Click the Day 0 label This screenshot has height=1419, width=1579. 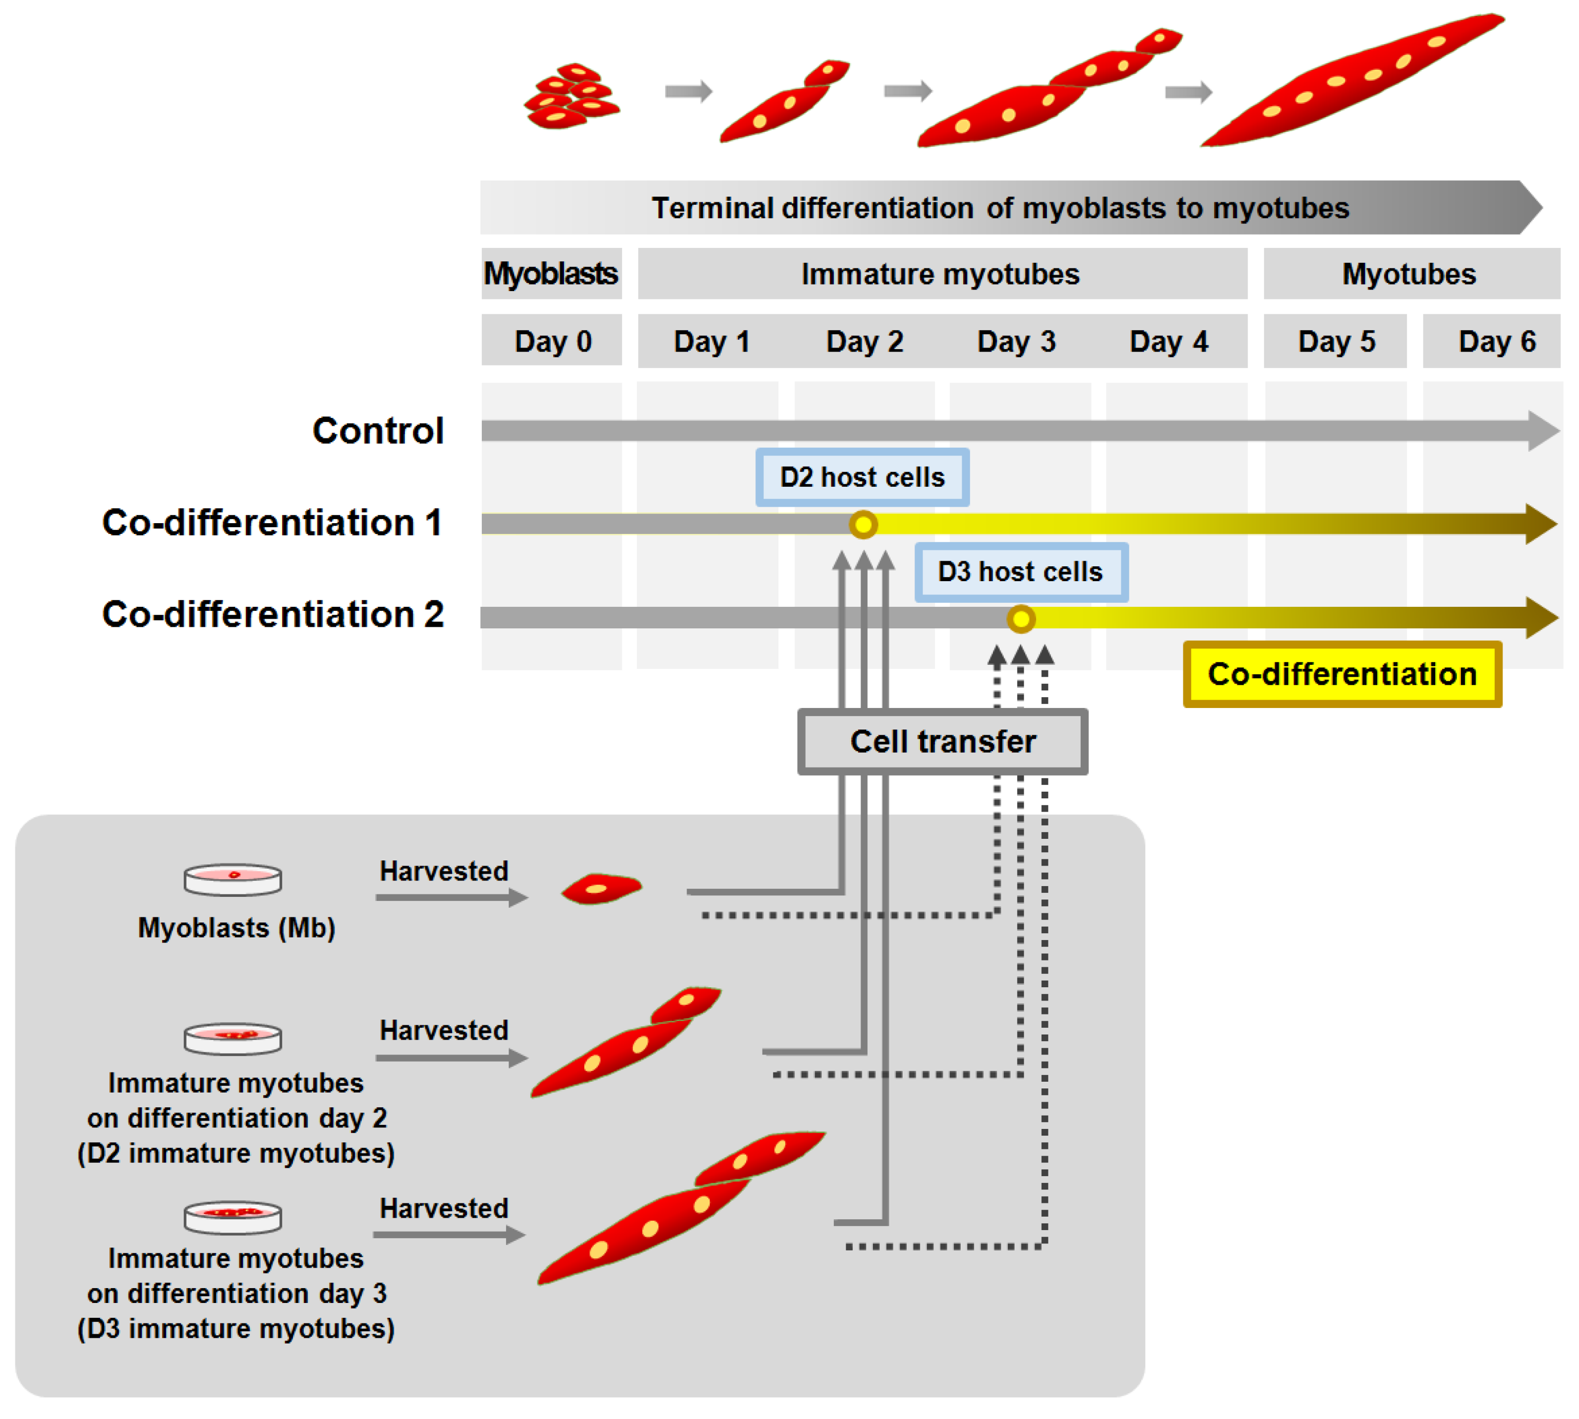tap(553, 341)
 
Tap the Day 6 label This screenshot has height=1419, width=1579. tap(1496, 341)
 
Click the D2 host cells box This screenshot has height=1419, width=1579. tap(862, 476)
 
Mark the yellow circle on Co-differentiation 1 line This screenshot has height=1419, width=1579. tap(863, 524)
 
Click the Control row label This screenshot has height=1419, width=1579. tap(378, 430)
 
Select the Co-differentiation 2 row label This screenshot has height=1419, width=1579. tap(273, 615)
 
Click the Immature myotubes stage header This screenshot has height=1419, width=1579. tap(940, 274)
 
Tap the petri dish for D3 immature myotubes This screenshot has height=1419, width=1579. tap(232, 1217)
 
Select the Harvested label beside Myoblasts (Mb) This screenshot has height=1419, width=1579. tap(443, 871)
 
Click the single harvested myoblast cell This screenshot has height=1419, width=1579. tap(601, 888)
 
